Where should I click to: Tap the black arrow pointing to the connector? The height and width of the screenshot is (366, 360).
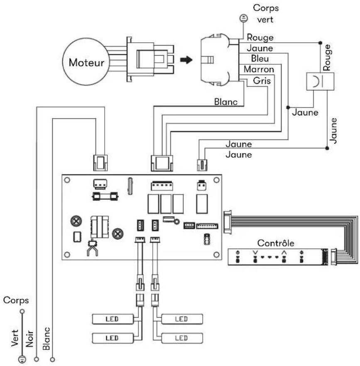click(x=186, y=60)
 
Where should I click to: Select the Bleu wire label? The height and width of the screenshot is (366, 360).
click(x=260, y=59)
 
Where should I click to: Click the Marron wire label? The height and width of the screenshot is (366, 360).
click(x=259, y=69)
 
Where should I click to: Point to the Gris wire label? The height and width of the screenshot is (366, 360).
click(x=262, y=81)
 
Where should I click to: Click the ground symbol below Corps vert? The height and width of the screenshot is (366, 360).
click(x=244, y=18)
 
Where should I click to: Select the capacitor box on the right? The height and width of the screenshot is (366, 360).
click(x=320, y=81)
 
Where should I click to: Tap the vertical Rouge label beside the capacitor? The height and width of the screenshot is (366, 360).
click(x=327, y=57)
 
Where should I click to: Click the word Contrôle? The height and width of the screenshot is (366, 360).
click(x=276, y=243)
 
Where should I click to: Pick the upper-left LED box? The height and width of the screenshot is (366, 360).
click(x=113, y=319)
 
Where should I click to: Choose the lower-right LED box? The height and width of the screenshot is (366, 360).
click(x=182, y=338)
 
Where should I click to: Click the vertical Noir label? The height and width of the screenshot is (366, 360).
click(x=29, y=339)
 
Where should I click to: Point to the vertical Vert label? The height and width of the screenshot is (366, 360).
click(x=15, y=338)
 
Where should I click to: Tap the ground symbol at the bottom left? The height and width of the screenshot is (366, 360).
click(x=22, y=359)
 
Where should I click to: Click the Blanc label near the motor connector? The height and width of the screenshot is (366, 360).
click(x=225, y=102)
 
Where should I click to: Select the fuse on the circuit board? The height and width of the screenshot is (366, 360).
click(x=105, y=196)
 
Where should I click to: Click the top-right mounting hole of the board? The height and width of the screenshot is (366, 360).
click(x=217, y=180)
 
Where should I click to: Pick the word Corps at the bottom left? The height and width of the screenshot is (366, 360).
click(x=16, y=300)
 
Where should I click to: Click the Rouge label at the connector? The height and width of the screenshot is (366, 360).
click(x=260, y=37)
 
